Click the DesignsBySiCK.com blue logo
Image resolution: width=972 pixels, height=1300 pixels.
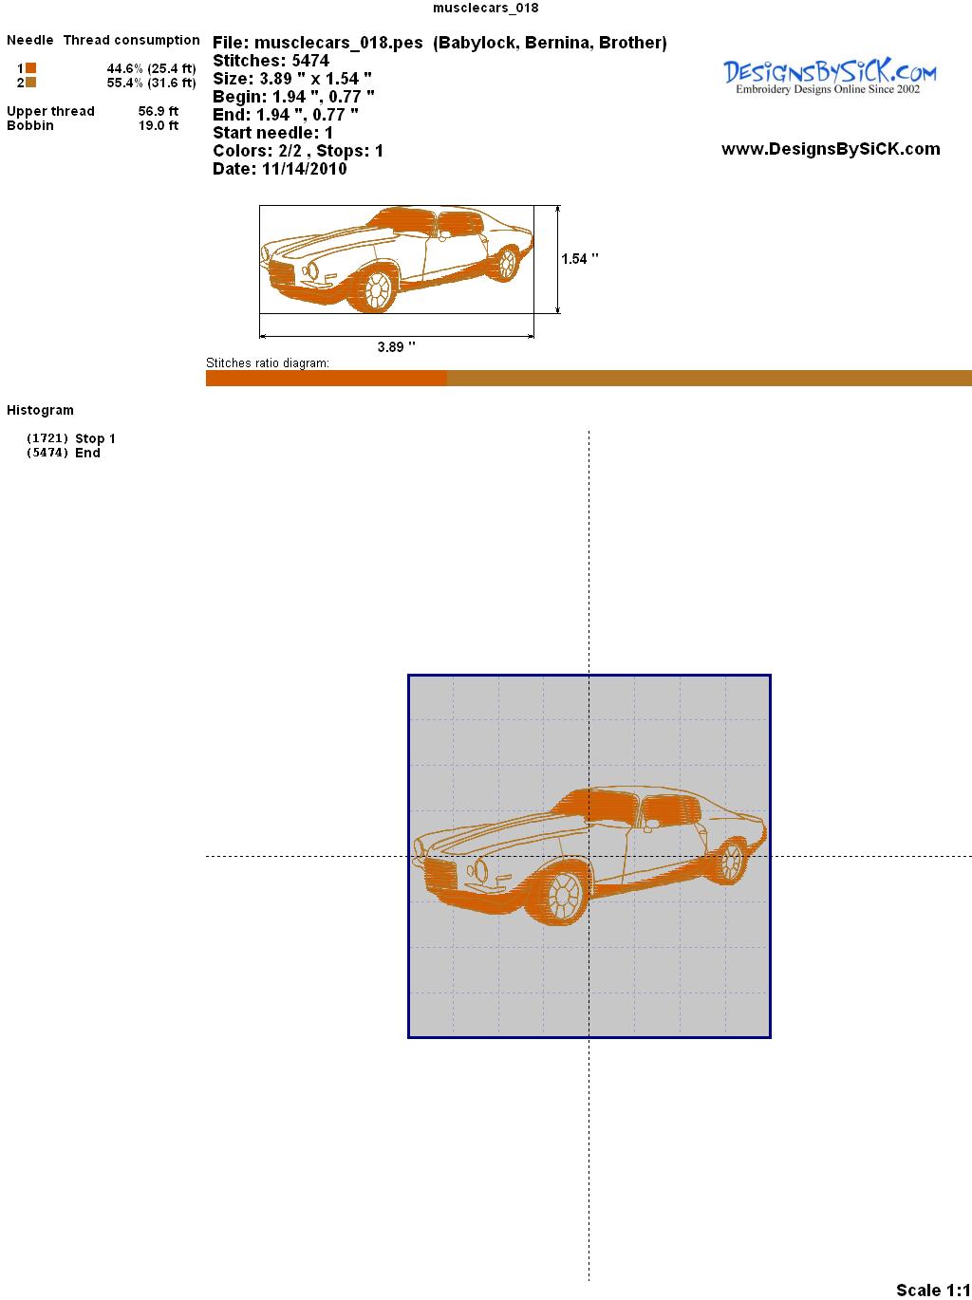(830, 77)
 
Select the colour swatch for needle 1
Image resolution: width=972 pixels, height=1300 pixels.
(30, 68)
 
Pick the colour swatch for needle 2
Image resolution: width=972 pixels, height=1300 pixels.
(30, 83)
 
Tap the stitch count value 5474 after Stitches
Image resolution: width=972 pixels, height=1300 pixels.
(310, 61)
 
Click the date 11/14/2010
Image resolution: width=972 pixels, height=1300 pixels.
(305, 169)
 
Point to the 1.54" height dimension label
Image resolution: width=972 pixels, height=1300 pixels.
(579, 259)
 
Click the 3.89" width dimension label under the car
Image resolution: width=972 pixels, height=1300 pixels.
(396, 347)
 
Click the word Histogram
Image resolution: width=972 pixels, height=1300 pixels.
(40, 411)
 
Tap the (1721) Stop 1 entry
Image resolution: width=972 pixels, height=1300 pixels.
(70, 438)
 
